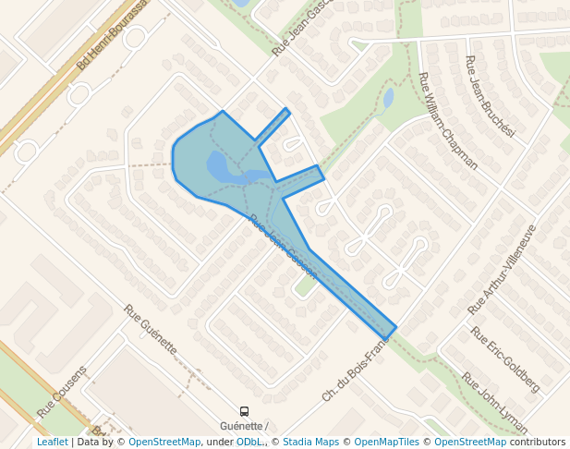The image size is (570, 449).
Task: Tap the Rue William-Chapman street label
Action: [x=447, y=121]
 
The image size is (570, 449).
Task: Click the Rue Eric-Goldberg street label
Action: [x=504, y=358]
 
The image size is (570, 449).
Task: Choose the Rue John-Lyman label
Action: [x=494, y=403]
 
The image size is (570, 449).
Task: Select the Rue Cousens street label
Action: [x=62, y=390]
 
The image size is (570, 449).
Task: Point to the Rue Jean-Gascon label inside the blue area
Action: [x=284, y=247]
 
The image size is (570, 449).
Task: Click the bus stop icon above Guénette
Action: [x=244, y=411]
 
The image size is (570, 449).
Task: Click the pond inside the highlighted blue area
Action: [x=226, y=169]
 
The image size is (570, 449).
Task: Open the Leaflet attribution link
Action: [x=52, y=442]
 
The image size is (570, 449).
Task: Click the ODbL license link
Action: [x=249, y=442]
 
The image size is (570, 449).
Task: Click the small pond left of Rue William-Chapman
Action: [x=388, y=97]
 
